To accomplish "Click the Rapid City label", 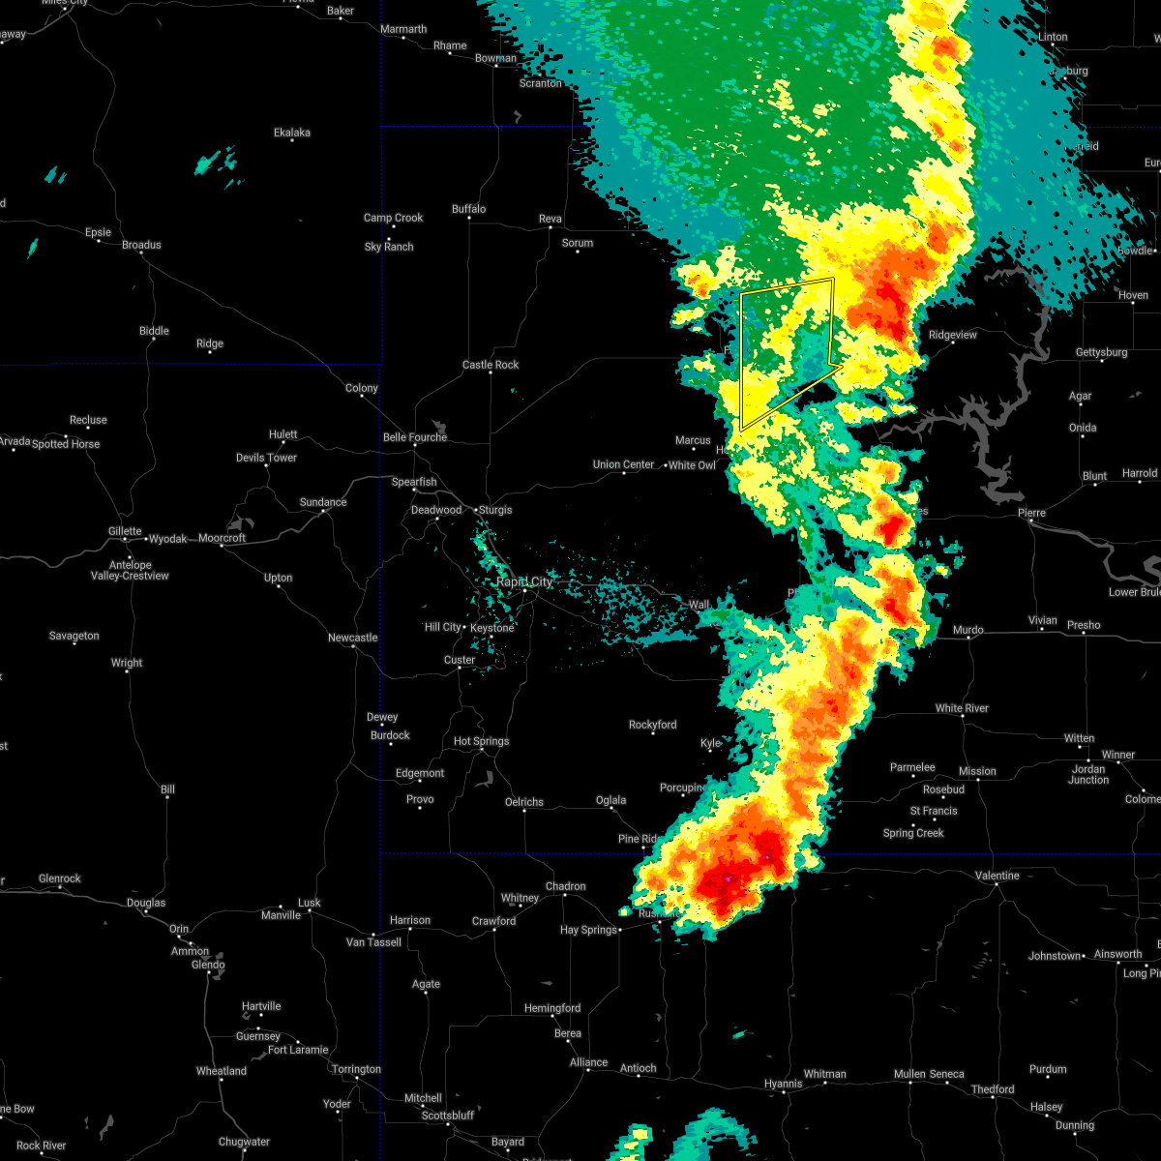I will pyautogui.click(x=524, y=581).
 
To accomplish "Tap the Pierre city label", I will pyautogui.click(x=1031, y=513).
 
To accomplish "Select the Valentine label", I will pyautogui.click(x=997, y=876).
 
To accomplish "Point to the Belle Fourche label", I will pyautogui.click(x=415, y=437).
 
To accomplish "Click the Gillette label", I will pyautogui.click(x=124, y=531).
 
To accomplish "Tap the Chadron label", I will pyautogui.click(x=565, y=886).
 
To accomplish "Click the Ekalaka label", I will pyautogui.click(x=292, y=133).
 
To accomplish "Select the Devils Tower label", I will pyautogui.click(x=267, y=458).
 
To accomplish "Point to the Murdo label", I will pyautogui.click(x=968, y=630).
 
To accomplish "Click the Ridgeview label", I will pyautogui.click(x=953, y=335).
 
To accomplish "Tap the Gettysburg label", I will pyautogui.click(x=1101, y=352).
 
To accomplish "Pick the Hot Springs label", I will pyautogui.click(x=481, y=741).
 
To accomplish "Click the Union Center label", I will pyautogui.click(x=623, y=464).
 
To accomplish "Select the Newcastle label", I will pyautogui.click(x=352, y=638).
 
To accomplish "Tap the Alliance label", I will pyautogui.click(x=588, y=1062).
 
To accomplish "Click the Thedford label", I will pyautogui.click(x=993, y=1089).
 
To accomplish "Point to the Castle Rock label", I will pyautogui.click(x=491, y=365).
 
